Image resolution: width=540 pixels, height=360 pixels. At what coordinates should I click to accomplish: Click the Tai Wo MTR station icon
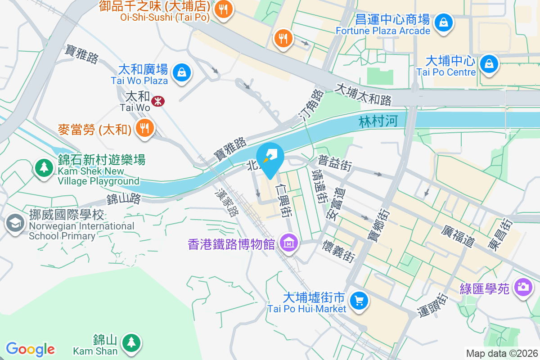pos(157,101)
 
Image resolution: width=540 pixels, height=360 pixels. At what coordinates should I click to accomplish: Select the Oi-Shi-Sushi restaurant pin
pos(223,9)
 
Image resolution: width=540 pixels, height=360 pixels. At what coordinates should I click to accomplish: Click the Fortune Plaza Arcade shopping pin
pos(444,22)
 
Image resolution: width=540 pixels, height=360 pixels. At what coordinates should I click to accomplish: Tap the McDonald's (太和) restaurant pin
pos(144,128)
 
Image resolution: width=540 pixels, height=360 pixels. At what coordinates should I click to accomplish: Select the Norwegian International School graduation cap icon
pos(15,222)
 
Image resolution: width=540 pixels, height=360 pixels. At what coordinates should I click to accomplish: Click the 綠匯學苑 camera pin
pos(523,287)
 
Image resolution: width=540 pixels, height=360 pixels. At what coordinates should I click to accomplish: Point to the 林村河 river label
pos(378,121)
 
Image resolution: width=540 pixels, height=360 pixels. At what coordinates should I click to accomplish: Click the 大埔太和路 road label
pos(363,94)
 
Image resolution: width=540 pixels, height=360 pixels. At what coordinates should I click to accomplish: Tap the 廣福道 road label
pos(459,236)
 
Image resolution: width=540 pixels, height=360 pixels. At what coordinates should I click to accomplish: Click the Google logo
pos(30,349)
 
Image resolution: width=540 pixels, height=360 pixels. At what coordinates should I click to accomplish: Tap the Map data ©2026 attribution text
pos(502,353)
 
